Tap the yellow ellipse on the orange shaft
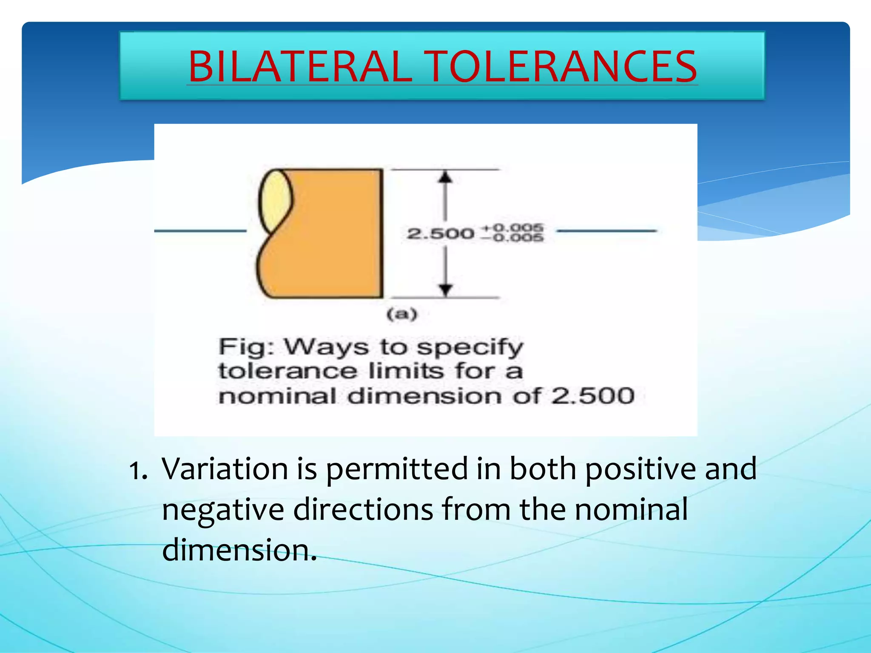pyautogui.click(x=276, y=200)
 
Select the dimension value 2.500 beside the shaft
pyautogui.click(x=440, y=233)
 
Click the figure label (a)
pyautogui.click(x=402, y=315)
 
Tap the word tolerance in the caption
pyautogui.click(x=287, y=371)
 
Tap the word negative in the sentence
pyautogui.click(x=223, y=510)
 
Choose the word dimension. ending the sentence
pyautogui.click(x=239, y=550)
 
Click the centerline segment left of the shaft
pyautogui.click(x=200, y=231)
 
